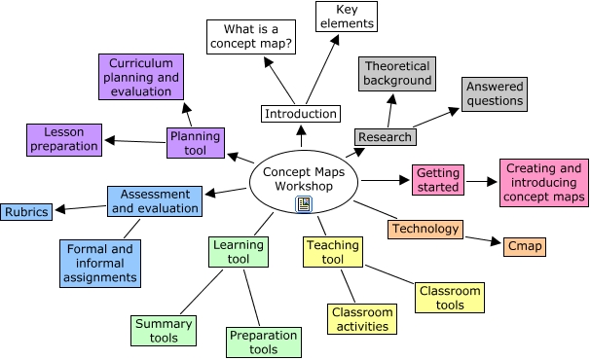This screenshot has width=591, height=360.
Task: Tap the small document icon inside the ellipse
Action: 304,203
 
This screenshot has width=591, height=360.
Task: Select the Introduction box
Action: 302,114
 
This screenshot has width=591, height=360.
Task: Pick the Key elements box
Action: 345,17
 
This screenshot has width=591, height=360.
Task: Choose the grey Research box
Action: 384,137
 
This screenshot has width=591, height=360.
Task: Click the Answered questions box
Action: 495,93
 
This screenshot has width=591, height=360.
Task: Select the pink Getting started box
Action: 438,180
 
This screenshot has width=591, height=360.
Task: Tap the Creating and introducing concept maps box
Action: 544,183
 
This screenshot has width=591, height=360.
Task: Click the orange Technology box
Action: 425,229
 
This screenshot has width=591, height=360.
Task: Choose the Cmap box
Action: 527,247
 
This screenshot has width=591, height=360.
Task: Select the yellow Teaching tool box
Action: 333,253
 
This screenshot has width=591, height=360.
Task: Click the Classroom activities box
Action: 362,320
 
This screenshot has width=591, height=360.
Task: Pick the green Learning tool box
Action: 239,252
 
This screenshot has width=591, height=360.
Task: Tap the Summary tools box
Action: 164,331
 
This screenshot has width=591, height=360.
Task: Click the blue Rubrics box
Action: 26,211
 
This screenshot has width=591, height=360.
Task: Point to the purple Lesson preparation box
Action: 63,140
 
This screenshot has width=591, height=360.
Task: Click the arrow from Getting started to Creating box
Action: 481,181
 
